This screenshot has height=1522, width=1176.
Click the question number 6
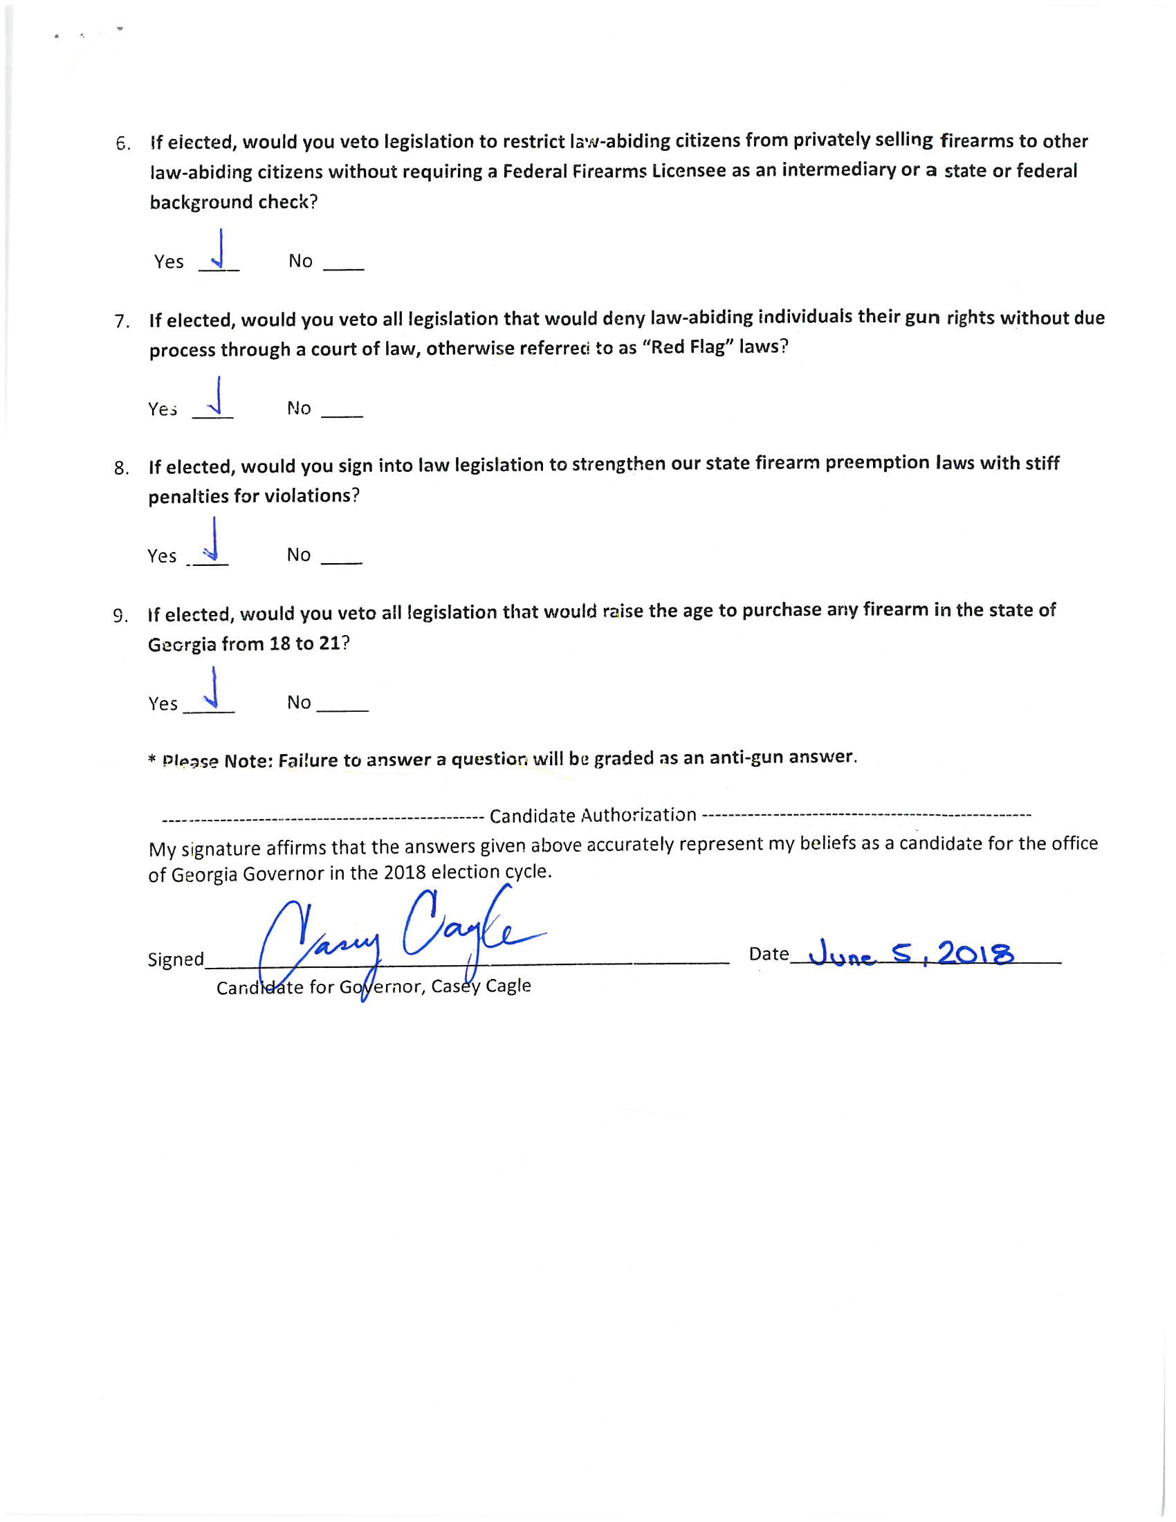122,145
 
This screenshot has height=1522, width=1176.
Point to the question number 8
121,468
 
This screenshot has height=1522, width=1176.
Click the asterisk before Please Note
152,760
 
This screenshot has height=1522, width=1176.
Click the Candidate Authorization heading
593,815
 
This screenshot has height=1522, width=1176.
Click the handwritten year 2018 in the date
975,953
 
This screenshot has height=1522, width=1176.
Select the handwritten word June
839,954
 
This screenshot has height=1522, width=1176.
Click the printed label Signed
176,960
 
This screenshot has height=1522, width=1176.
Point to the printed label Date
769,953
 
